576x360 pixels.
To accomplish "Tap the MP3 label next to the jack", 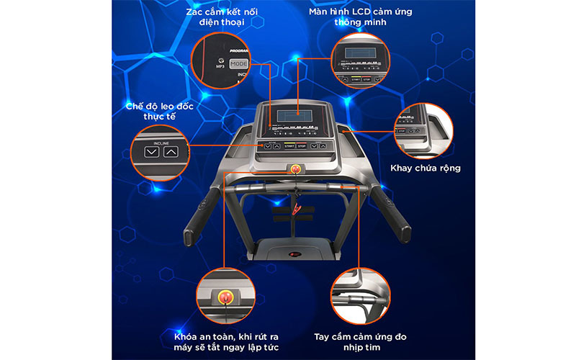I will coord(221,65).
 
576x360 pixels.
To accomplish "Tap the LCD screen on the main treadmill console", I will coord(294,115).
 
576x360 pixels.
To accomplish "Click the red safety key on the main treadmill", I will coord(294,170).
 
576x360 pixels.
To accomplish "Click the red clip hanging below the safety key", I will coord(295,210).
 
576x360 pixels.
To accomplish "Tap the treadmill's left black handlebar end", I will coord(192,235).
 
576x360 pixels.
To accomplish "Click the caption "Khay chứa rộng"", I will coord(425,168).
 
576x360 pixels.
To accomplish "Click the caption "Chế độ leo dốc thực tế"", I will coord(159,112).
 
